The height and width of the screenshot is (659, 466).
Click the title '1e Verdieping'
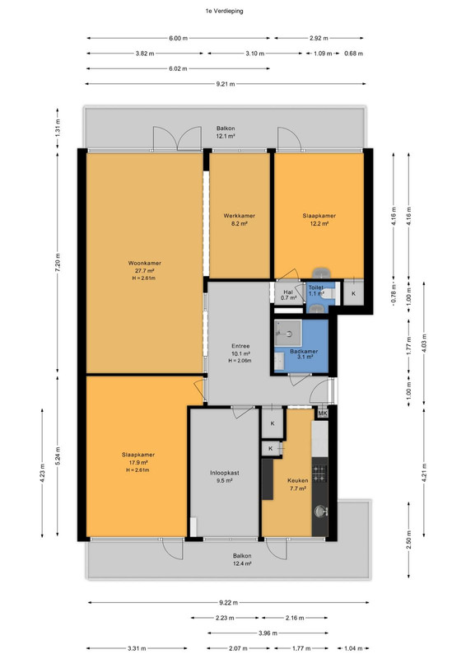coord(224,12)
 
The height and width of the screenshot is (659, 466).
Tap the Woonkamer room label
coord(145,263)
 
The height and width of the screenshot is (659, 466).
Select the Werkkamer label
coord(239,216)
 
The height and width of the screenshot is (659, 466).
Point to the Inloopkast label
coord(225,473)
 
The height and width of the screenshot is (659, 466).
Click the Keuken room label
coord(297,480)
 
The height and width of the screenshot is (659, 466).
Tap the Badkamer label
coord(304,352)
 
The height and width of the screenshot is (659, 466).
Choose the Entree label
coord(240,346)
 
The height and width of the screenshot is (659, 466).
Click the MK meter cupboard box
coord(322,414)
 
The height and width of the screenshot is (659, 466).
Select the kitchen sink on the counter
coord(320,512)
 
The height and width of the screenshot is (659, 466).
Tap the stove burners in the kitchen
coord(319,473)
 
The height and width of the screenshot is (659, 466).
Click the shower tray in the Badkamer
coord(288,334)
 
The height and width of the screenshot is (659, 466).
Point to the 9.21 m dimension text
coord(226,84)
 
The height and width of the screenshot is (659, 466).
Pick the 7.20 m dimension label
coord(58,263)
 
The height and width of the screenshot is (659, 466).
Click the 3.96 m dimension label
coord(268,633)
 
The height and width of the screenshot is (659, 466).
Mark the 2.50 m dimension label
coord(409,540)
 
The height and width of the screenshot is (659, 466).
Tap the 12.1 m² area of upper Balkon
coord(226,136)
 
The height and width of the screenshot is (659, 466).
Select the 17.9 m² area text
coord(137,462)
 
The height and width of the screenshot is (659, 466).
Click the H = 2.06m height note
coord(240,361)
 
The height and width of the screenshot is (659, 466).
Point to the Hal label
coord(288,292)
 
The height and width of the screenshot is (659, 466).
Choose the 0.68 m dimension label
coord(353,54)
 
